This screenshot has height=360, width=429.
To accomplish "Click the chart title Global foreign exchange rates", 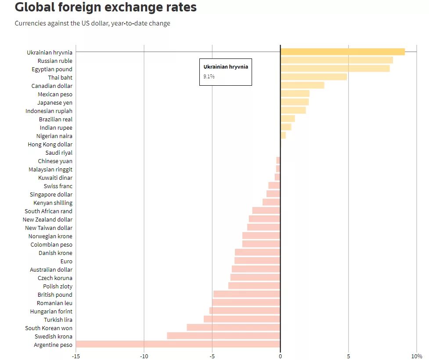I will tap(105, 7).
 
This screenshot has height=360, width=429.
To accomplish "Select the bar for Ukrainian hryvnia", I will tap(342, 52).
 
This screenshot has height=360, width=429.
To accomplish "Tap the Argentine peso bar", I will tap(178, 345).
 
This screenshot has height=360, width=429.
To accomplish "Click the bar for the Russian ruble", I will tap(336, 60).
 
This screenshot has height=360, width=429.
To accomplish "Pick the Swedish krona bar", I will tap(224, 336).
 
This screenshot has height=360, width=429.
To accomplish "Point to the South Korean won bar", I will tap(233, 328).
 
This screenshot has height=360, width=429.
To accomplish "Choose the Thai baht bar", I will tap(314, 77).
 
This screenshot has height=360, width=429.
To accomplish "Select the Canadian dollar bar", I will tap(302, 85).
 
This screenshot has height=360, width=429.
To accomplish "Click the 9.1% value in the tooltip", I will tap(209, 76).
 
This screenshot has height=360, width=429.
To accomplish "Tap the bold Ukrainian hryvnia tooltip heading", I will tap(226, 67).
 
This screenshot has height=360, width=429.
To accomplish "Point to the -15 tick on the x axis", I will tap(76, 356).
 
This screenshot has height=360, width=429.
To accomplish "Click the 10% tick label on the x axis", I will tap(417, 356).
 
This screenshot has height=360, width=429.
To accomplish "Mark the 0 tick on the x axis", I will tap(280, 356).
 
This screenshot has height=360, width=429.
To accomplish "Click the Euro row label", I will tap(66, 261).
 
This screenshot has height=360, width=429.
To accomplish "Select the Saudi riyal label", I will tap(59, 153).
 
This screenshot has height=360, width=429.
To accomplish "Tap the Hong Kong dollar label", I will tap(50, 144).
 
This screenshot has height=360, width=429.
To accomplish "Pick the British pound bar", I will tap(247, 295).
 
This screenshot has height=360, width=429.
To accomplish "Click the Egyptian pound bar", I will tap(335, 69).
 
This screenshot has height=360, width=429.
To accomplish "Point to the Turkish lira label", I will tap(58, 320).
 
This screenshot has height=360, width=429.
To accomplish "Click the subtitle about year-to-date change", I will tap(92, 23).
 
